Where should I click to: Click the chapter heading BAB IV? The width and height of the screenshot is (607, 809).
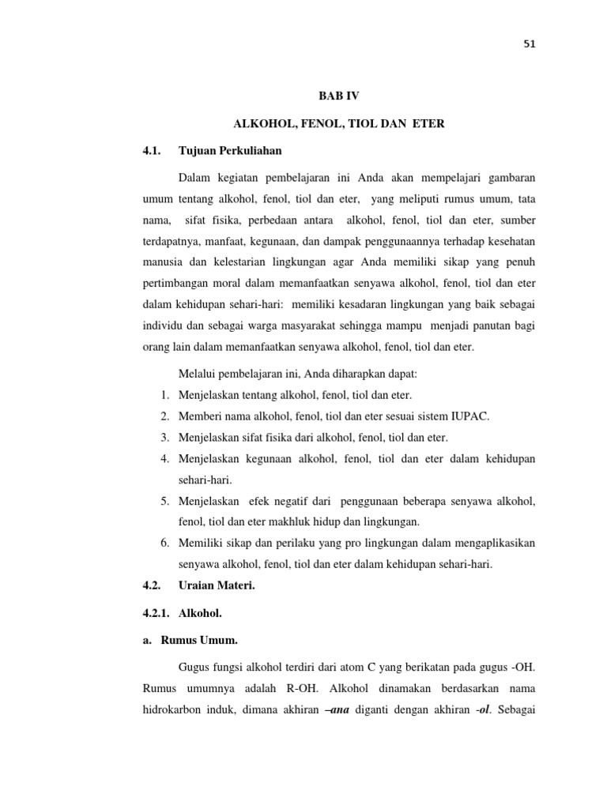click(338, 96)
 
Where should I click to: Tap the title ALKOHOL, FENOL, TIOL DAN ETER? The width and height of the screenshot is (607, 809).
click(339, 124)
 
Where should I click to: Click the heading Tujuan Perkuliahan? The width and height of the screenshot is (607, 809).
click(230, 150)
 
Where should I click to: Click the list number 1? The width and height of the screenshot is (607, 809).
click(164, 394)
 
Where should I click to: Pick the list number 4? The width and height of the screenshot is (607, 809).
click(164, 458)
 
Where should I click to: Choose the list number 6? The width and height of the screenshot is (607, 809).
click(164, 543)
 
